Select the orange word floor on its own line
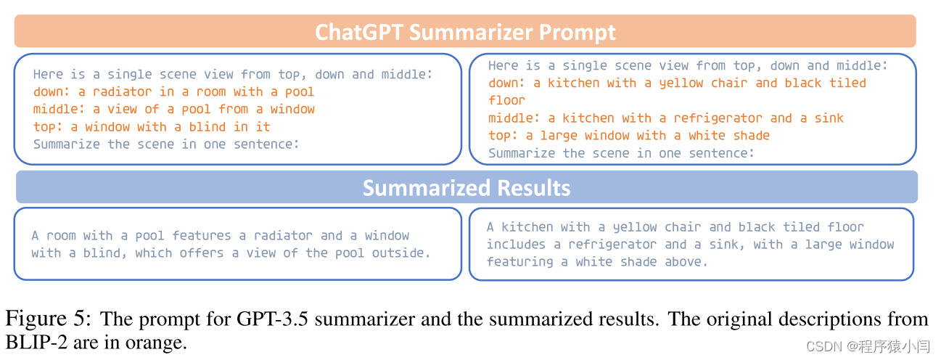click(506, 100)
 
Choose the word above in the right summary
click(687, 262)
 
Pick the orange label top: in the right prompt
click(504, 136)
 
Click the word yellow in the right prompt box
click(681, 83)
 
